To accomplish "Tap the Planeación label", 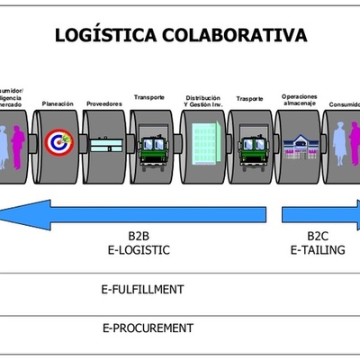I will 59,103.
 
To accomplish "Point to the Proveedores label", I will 104,103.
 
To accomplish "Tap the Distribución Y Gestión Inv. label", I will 202,101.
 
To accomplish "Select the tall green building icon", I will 203,142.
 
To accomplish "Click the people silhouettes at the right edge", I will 346,144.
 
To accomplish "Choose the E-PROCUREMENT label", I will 148,328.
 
